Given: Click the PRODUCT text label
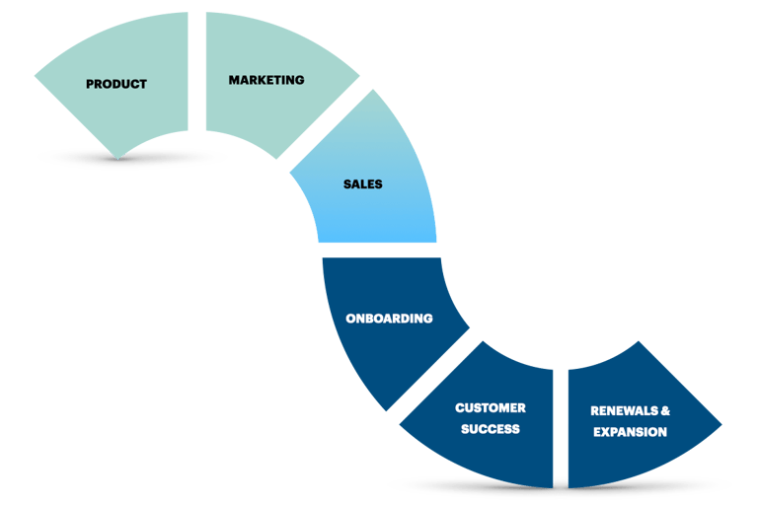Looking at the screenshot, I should point(116,84).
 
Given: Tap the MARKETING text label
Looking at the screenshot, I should point(266,80).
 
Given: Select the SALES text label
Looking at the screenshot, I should point(362,184).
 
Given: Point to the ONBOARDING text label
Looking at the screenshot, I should point(389,319).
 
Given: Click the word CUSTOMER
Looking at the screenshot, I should point(490,407).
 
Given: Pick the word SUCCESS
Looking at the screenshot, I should point(490,429).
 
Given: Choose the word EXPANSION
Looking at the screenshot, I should point(630,432).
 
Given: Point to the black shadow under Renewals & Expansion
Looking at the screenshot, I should point(671,484).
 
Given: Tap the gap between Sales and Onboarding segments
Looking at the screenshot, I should point(379,251).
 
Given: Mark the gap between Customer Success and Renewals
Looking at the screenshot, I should point(561,424).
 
